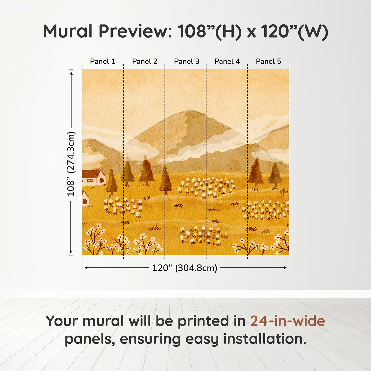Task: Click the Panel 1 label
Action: pos(103,61)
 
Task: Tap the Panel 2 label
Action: pos(145,61)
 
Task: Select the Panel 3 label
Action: pos(187,61)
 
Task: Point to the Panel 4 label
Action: pos(227,61)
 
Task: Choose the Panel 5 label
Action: pos(268,61)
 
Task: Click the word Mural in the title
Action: pos(68,31)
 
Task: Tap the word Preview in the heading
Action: pos(135,31)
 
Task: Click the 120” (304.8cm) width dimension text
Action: pos(184,268)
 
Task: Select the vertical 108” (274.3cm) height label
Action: pos(71,164)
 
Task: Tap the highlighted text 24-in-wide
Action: pos(288,321)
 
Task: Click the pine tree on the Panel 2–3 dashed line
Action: pos(165,180)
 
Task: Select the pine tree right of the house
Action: pos(112,183)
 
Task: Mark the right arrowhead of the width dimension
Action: pos(285,268)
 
